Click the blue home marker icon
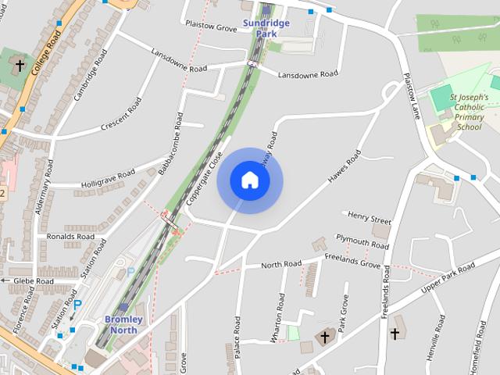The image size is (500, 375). [250, 180]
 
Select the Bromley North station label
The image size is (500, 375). [123, 324]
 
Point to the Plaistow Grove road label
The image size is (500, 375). [211, 27]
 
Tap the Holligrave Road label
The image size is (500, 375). [108, 179]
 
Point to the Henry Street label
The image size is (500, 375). [370, 216]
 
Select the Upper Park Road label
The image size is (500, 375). [447, 279]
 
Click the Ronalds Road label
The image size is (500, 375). [70, 237]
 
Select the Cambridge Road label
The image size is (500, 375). [90, 76]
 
